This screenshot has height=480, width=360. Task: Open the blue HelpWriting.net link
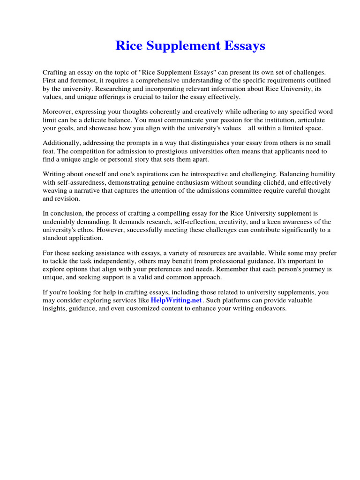176,300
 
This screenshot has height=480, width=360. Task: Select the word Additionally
62,142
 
